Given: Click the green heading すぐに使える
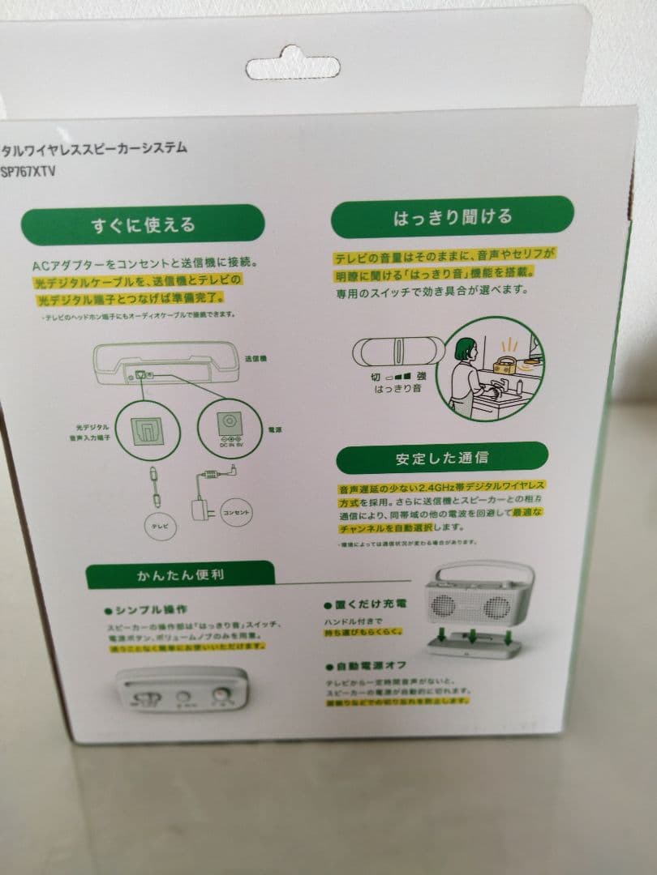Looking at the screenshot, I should tap(143, 224).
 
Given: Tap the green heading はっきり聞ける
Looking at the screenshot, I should tap(453, 217).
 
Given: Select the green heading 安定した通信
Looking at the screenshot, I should tap(442, 458).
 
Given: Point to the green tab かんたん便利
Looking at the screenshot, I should tap(181, 576).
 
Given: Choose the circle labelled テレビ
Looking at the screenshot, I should tap(159, 526).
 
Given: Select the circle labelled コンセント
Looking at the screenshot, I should tap(237, 513).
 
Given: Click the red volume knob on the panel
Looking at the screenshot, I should tap(243, 695).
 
